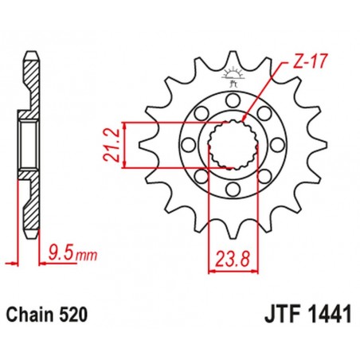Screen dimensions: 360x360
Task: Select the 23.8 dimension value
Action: (232, 259)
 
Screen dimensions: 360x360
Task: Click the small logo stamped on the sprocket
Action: (233, 76)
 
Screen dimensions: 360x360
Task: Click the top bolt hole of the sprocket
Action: (233, 100)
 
